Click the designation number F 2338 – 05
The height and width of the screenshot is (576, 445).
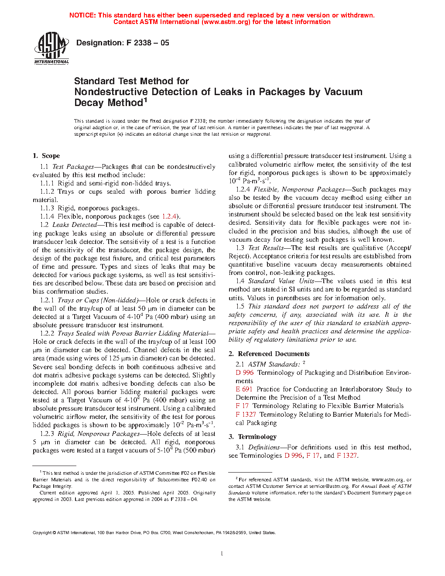(x=147, y=43)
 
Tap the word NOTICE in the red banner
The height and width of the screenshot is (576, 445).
(x=82, y=15)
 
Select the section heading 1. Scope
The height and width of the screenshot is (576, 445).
(x=46, y=156)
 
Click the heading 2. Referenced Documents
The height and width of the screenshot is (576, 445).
(x=269, y=354)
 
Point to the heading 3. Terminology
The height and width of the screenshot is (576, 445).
(x=253, y=437)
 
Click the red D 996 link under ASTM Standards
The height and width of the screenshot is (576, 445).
(x=244, y=373)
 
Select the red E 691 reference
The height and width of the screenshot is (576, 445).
(x=244, y=389)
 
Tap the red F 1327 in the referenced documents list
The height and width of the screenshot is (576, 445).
(x=246, y=414)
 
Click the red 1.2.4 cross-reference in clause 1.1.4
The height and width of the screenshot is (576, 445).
(x=169, y=216)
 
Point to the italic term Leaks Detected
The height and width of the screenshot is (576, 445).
(x=75, y=225)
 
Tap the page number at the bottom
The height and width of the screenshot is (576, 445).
(x=222, y=554)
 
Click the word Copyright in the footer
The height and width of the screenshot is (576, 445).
(x=42, y=532)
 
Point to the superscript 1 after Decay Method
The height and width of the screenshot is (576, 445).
(x=146, y=100)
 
